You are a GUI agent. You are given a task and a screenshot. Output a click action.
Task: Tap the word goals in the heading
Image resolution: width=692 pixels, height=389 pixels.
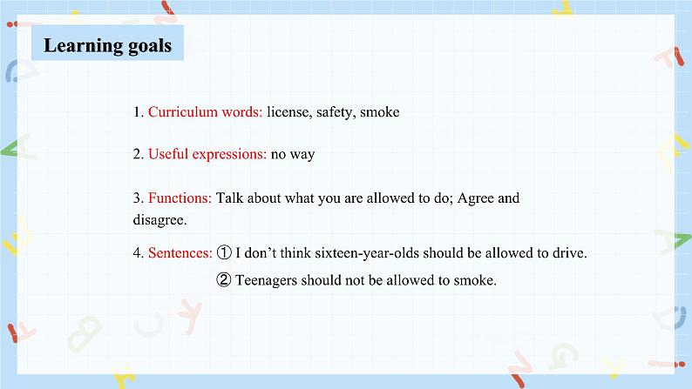coord(150,46)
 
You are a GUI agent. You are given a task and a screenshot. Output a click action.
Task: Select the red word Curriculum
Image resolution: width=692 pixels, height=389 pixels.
coord(183,112)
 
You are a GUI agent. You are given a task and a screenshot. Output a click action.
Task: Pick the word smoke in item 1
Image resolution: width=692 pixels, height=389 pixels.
coord(379,112)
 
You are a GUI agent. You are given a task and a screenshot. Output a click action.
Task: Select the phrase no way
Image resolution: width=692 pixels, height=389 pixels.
coord(293,155)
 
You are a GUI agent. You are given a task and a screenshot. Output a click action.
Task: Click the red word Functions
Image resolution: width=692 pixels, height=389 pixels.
coord(180,198)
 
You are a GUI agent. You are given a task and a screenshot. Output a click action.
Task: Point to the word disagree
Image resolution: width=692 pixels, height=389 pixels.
coord(159,220)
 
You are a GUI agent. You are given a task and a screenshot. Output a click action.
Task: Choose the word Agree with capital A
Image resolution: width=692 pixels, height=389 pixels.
coord(476,198)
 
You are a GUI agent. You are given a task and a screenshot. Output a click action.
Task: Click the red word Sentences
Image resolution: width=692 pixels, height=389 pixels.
coord(180,253)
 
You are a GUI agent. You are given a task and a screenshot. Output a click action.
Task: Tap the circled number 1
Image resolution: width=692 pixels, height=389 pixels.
coord(224,252)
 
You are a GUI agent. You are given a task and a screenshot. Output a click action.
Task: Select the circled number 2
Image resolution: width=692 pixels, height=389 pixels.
coord(224,279)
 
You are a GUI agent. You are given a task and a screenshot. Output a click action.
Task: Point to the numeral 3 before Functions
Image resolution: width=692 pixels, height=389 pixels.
coord(138,198)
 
